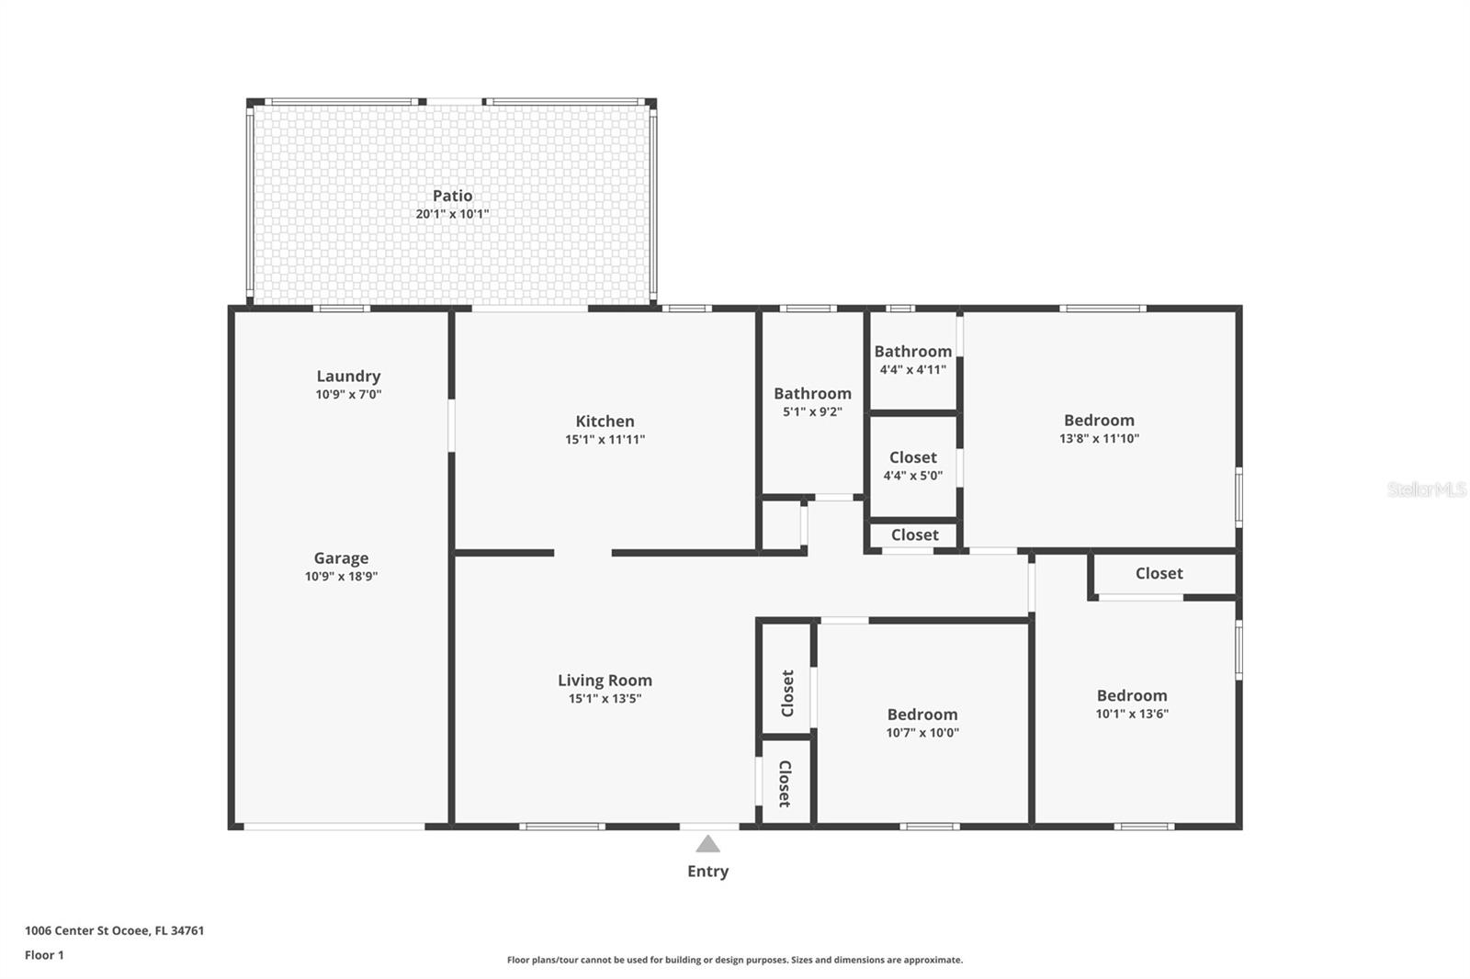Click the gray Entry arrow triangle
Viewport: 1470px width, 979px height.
pyautogui.click(x=707, y=845)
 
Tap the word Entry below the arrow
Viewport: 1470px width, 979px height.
pyautogui.click(x=707, y=872)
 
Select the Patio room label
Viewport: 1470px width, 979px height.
pyautogui.click(x=452, y=196)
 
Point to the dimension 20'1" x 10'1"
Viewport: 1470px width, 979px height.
pyautogui.click(x=452, y=214)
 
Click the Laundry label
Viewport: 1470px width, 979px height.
pyautogui.click(x=348, y=376)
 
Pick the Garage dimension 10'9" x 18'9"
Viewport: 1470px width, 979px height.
pyautogui.click(x=341, y=577)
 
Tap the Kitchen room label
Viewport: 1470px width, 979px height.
pyautogui.click(x=605, y=422)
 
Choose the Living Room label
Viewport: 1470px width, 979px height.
pyautogui.click(x=605, y=681)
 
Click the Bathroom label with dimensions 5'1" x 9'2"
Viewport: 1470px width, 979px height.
pyautogui.click(x=812, y=393)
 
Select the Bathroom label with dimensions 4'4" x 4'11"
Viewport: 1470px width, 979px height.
pyautogui.click(x=912, y=351)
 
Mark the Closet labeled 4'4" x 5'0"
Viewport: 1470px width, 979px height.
pyautogui.click(x=912, y=457)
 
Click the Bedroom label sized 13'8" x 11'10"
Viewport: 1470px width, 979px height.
pyautogui.click(x=1099, y=421)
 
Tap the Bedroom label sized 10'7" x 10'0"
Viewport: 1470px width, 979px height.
pyautogui.click(x=922, y=715)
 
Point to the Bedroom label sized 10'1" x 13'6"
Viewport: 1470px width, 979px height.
pyautogui.click(x=1131, y=696)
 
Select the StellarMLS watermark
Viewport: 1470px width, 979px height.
pyautogui.click(x=1426, y=489)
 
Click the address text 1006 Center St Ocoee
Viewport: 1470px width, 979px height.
pyautogui.click(x=114, y=930)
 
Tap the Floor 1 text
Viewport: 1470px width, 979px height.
pyautogui.click(x=44, y=955)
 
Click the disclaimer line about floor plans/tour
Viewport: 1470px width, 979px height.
pyautogui.click(x=735, y=960)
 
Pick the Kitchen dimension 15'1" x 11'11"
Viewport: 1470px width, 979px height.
pyautogui.click(x=605, y=440)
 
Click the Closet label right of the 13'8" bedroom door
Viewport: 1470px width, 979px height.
pyautogui.click(x=1159, y=573)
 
